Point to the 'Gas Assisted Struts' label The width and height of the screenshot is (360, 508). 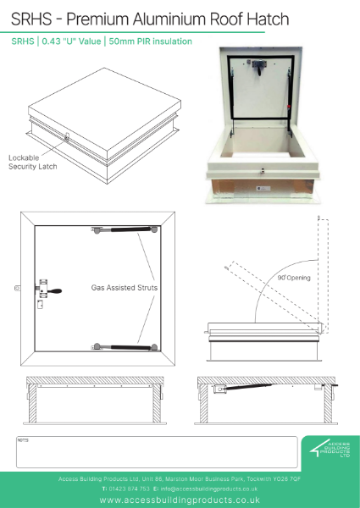[125, 288]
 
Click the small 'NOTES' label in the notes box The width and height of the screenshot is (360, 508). [23, 440]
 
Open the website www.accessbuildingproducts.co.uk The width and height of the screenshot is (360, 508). [179, 500]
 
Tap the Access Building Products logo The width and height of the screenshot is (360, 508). [325, 450]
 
